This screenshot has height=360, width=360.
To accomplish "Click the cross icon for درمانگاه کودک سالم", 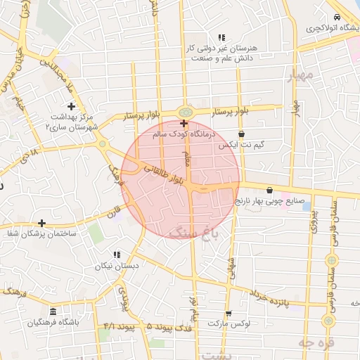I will (184, 122).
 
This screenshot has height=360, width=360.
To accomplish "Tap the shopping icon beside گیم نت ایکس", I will (242, 134).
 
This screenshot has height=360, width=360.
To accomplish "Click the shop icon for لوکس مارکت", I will (228, 314).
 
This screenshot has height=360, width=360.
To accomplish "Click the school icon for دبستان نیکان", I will (117, 255).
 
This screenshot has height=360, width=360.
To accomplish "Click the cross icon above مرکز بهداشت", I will (72, 106).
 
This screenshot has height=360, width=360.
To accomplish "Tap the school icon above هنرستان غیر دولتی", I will (221, 37).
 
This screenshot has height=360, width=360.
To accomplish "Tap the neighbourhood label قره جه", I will (314, 343).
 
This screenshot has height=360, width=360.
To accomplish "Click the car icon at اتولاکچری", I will (337, 17).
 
